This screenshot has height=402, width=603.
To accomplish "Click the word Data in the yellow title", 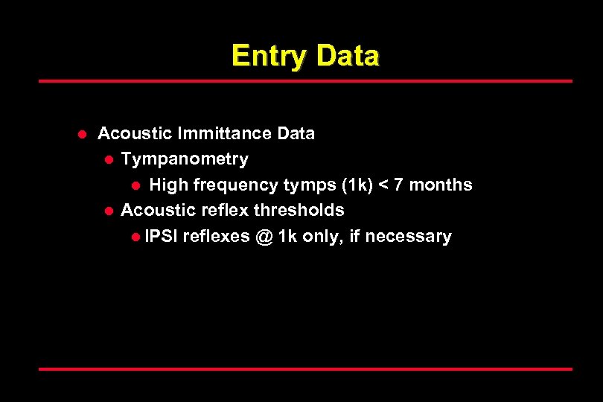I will pos(347,57).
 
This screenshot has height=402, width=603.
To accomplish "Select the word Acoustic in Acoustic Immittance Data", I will pos(135,134).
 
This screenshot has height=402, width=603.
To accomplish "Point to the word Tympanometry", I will pos(185,159).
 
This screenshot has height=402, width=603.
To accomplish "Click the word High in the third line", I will pos(168,185).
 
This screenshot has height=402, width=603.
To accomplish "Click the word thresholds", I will pos(299,211).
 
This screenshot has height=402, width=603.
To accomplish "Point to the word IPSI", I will pos(162,237).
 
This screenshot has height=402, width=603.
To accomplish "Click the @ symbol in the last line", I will pos(264,237).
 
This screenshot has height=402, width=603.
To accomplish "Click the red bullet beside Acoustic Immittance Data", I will pos(83,135).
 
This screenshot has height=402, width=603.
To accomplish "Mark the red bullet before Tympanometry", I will pos(108,160).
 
